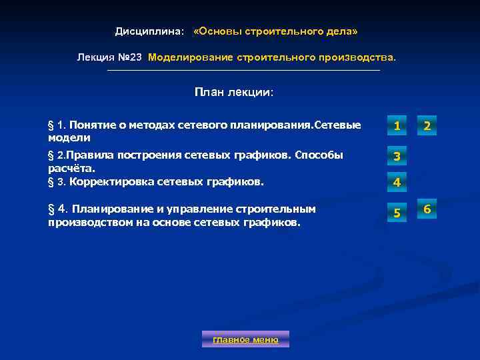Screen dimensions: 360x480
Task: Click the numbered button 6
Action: (427, 210)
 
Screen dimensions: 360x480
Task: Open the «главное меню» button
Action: (245, 339)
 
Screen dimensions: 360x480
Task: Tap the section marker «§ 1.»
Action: (55, 125)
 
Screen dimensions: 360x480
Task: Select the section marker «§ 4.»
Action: (57, 209)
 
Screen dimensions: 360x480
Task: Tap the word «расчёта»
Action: (67, 168)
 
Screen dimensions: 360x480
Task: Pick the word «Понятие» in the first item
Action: (91, 125)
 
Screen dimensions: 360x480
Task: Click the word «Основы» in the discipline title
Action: (219, 32)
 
